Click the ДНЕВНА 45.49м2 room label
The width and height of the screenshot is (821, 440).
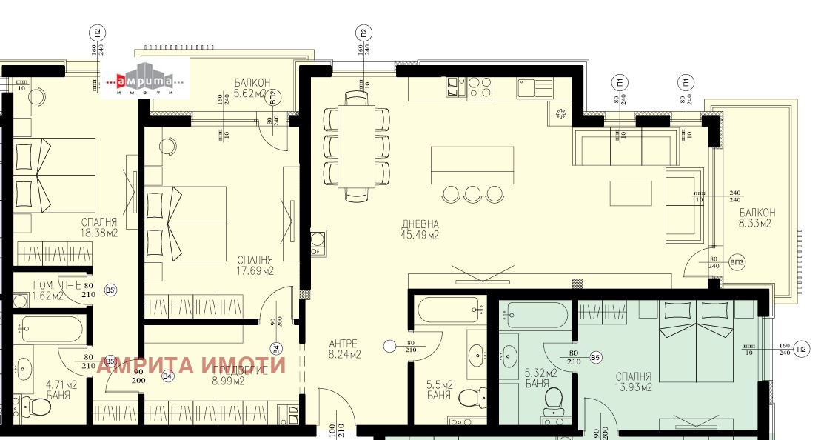click(420, 230)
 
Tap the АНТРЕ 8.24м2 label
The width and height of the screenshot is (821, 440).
click(344, 349)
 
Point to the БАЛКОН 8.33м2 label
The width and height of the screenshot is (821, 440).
click(755, 218)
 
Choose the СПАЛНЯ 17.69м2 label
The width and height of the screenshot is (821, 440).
click(255, 265)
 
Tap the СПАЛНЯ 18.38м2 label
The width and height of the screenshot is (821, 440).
click(100, 227)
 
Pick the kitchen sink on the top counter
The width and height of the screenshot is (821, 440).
click(531, 88)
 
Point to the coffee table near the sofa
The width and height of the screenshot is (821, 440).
click(631, 193)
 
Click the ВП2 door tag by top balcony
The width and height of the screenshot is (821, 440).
click(273, 97)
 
